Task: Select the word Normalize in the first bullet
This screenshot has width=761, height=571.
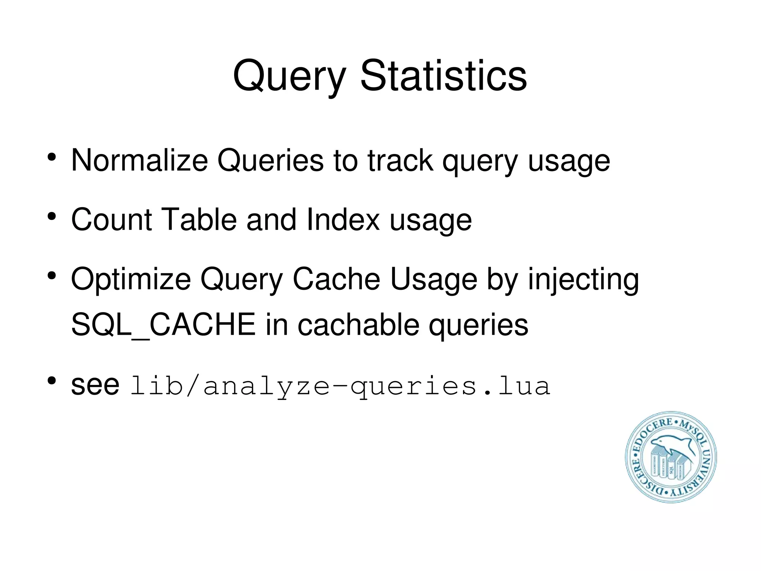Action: (139, 161)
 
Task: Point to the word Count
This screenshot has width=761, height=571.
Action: (111, 220)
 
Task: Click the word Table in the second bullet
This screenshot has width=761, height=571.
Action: (200, 220)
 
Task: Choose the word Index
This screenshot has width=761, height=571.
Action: (343, 220)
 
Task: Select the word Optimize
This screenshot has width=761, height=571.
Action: (130, 280)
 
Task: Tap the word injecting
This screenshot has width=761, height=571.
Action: (583, 280)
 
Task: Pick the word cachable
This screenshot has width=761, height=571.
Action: (358, 325)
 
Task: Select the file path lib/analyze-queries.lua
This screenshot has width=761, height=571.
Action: (340, 386)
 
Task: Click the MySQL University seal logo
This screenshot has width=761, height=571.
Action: (671, 457)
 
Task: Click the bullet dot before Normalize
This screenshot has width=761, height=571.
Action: (52, 157)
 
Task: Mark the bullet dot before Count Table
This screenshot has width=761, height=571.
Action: (52, 216)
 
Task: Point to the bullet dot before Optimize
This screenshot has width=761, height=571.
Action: (52, 276)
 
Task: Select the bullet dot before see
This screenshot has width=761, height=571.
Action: (52, 381)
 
